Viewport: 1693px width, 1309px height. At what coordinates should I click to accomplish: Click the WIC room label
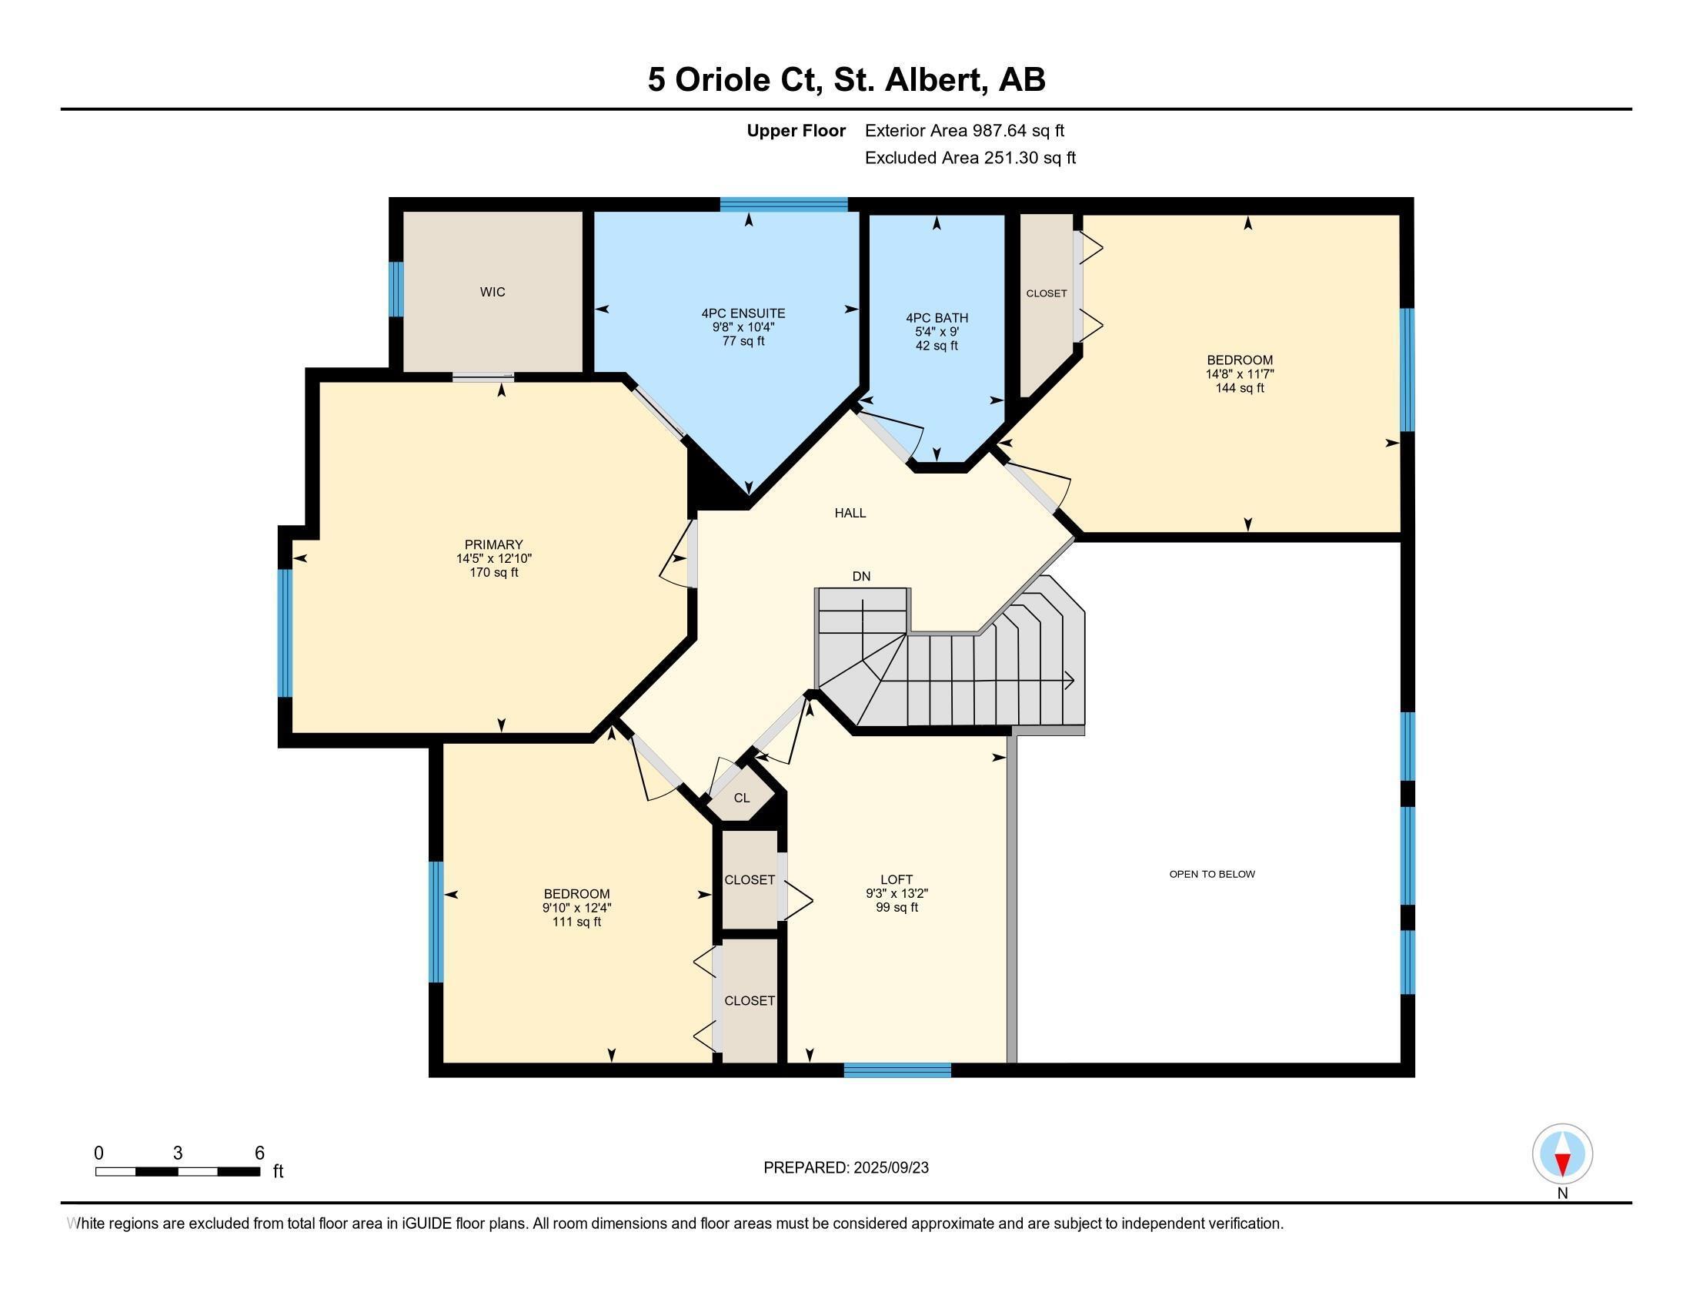coord(493,293)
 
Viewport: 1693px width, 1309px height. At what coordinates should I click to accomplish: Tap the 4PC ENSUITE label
coord(743,313)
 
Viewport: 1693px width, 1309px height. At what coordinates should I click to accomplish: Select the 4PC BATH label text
coord(937,318)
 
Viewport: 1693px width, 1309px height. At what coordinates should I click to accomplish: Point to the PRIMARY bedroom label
coord(494,544)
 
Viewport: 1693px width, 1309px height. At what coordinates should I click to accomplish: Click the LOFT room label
coord(896,879)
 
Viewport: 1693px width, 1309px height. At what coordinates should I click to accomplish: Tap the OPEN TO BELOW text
coord(1211,874)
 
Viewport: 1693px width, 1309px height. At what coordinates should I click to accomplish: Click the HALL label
coord(850,513)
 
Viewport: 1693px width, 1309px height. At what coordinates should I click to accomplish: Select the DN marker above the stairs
coord(861,576)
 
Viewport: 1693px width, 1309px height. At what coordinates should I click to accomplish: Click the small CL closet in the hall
coord(742,798)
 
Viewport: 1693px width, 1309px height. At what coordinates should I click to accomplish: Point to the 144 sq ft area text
coord(1240,388)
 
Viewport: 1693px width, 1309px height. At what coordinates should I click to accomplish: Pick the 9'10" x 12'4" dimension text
coord(576,908)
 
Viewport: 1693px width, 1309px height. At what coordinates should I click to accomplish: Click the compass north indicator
coord(1562,1154)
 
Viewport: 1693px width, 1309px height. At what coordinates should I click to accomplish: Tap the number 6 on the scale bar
coord(259,1153)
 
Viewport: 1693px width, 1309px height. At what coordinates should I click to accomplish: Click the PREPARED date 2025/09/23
coord(890,1168)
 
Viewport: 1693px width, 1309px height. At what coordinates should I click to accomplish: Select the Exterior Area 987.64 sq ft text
coord(964,131)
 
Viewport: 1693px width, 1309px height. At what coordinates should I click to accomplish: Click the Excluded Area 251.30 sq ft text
coord(970,158)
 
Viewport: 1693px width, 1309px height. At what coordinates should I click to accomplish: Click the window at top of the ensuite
coord(783,205)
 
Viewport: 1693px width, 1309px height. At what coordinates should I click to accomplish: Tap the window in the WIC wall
coord(396,290)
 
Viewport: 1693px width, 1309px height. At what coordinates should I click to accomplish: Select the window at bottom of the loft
coord(897,1070)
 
